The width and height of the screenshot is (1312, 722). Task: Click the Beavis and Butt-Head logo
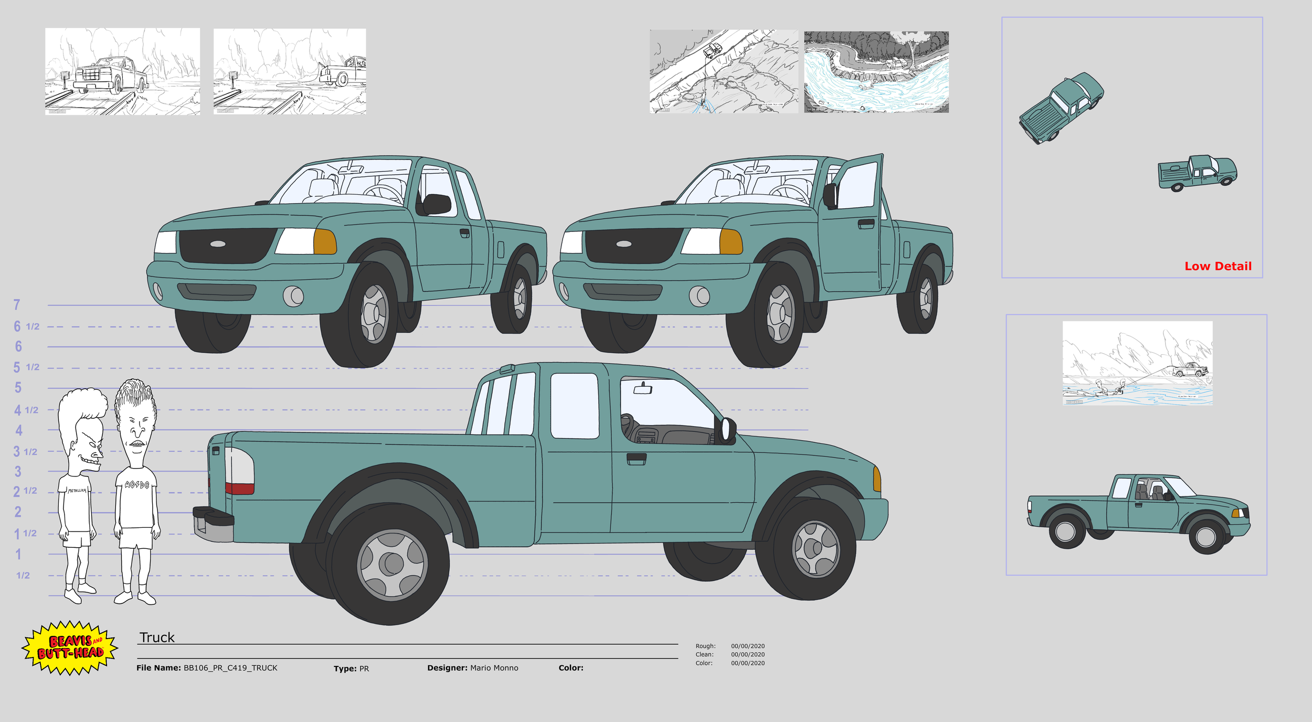(x=70, y=647)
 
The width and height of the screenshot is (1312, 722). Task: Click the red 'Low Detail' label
(x=1218, y=266)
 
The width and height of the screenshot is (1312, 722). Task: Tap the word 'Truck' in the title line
(x=157, y=637)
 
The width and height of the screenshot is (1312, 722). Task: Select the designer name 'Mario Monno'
(x=494, y=668)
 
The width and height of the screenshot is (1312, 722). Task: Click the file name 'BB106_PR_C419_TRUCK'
(x=230, y=668)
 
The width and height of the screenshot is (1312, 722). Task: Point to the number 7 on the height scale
(x=17, y=305)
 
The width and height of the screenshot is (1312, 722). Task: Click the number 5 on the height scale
(x=18, y=388)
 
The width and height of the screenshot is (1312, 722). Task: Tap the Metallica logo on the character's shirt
(x=77, y=491)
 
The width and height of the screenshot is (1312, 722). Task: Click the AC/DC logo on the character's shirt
(x=136, y=485)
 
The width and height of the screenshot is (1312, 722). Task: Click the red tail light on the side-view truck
(x=239, y=488)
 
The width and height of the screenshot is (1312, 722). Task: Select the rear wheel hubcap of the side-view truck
(x=392, y=565)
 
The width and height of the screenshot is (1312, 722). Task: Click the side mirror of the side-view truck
(x=727, y=429)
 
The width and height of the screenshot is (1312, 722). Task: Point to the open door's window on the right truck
(x=857, y=185)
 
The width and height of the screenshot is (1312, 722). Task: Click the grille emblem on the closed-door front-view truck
(x=218, y=244)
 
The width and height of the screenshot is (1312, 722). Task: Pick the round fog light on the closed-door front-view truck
(x=293, y=296)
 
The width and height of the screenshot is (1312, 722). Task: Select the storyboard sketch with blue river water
(x=876, y=72)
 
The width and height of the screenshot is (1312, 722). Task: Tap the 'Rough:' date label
(x=705, y=646)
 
